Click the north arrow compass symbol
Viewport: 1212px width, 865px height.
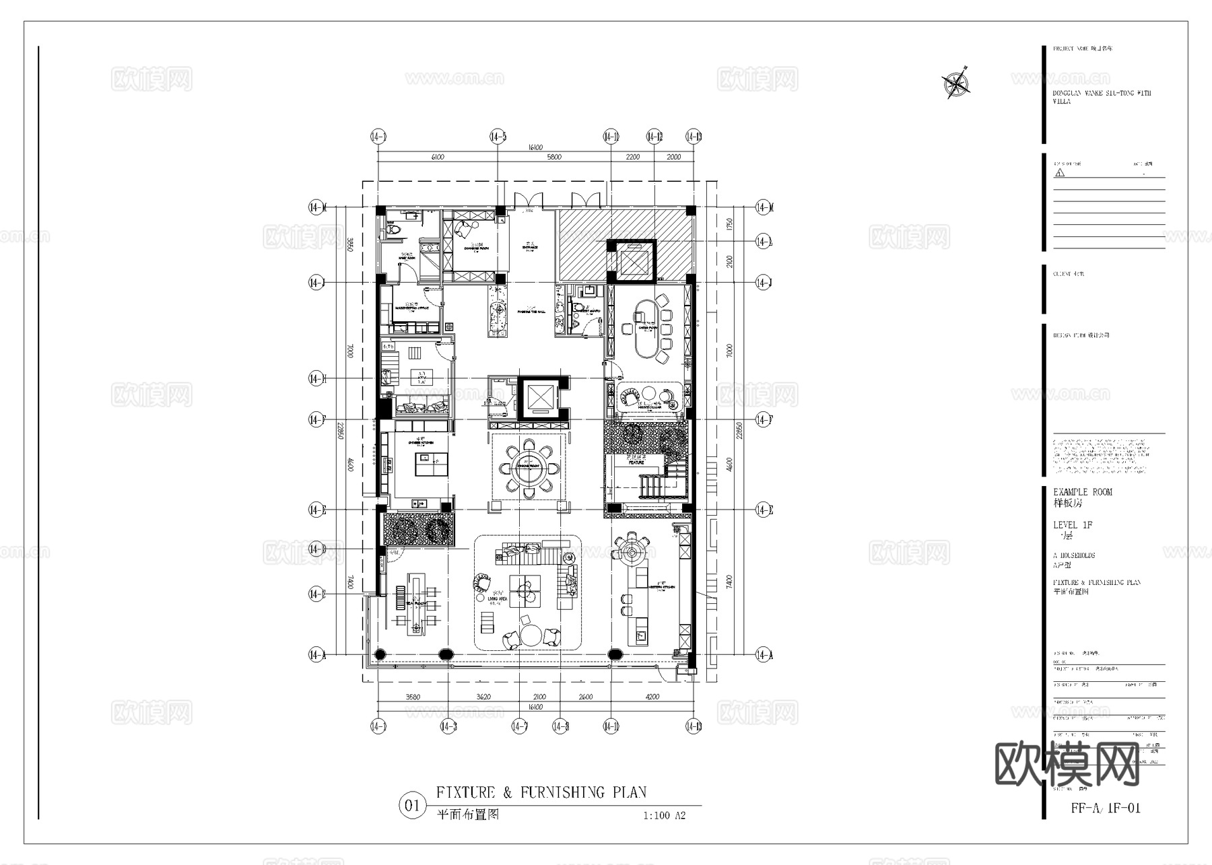tap(955, 83)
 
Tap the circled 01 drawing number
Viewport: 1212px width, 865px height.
tap(412, 806)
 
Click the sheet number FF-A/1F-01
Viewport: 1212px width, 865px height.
tap(1106, 808)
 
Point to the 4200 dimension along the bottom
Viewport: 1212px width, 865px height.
tap(652, 697)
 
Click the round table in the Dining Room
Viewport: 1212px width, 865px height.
tap(528, 469)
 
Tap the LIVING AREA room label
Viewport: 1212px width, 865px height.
tap(497, 598)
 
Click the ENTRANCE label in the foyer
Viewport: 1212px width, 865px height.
tap(529, 247)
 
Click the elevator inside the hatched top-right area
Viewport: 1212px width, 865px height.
tap(631, 261)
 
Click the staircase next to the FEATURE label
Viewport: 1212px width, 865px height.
tap(652, 485)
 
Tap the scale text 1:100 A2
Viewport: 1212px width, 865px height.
tap(664, 816)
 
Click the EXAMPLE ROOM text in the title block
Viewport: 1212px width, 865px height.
tap(1082, 492)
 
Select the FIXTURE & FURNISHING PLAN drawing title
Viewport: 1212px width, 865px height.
tap(541, 792)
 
